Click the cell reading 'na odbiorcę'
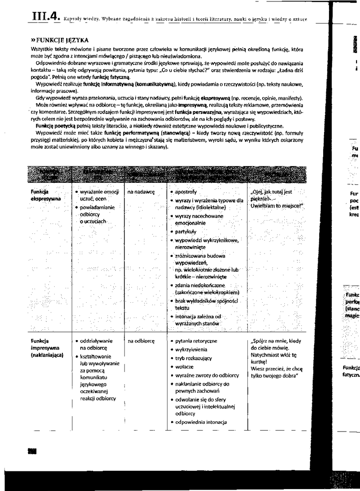(x=141, y=341)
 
